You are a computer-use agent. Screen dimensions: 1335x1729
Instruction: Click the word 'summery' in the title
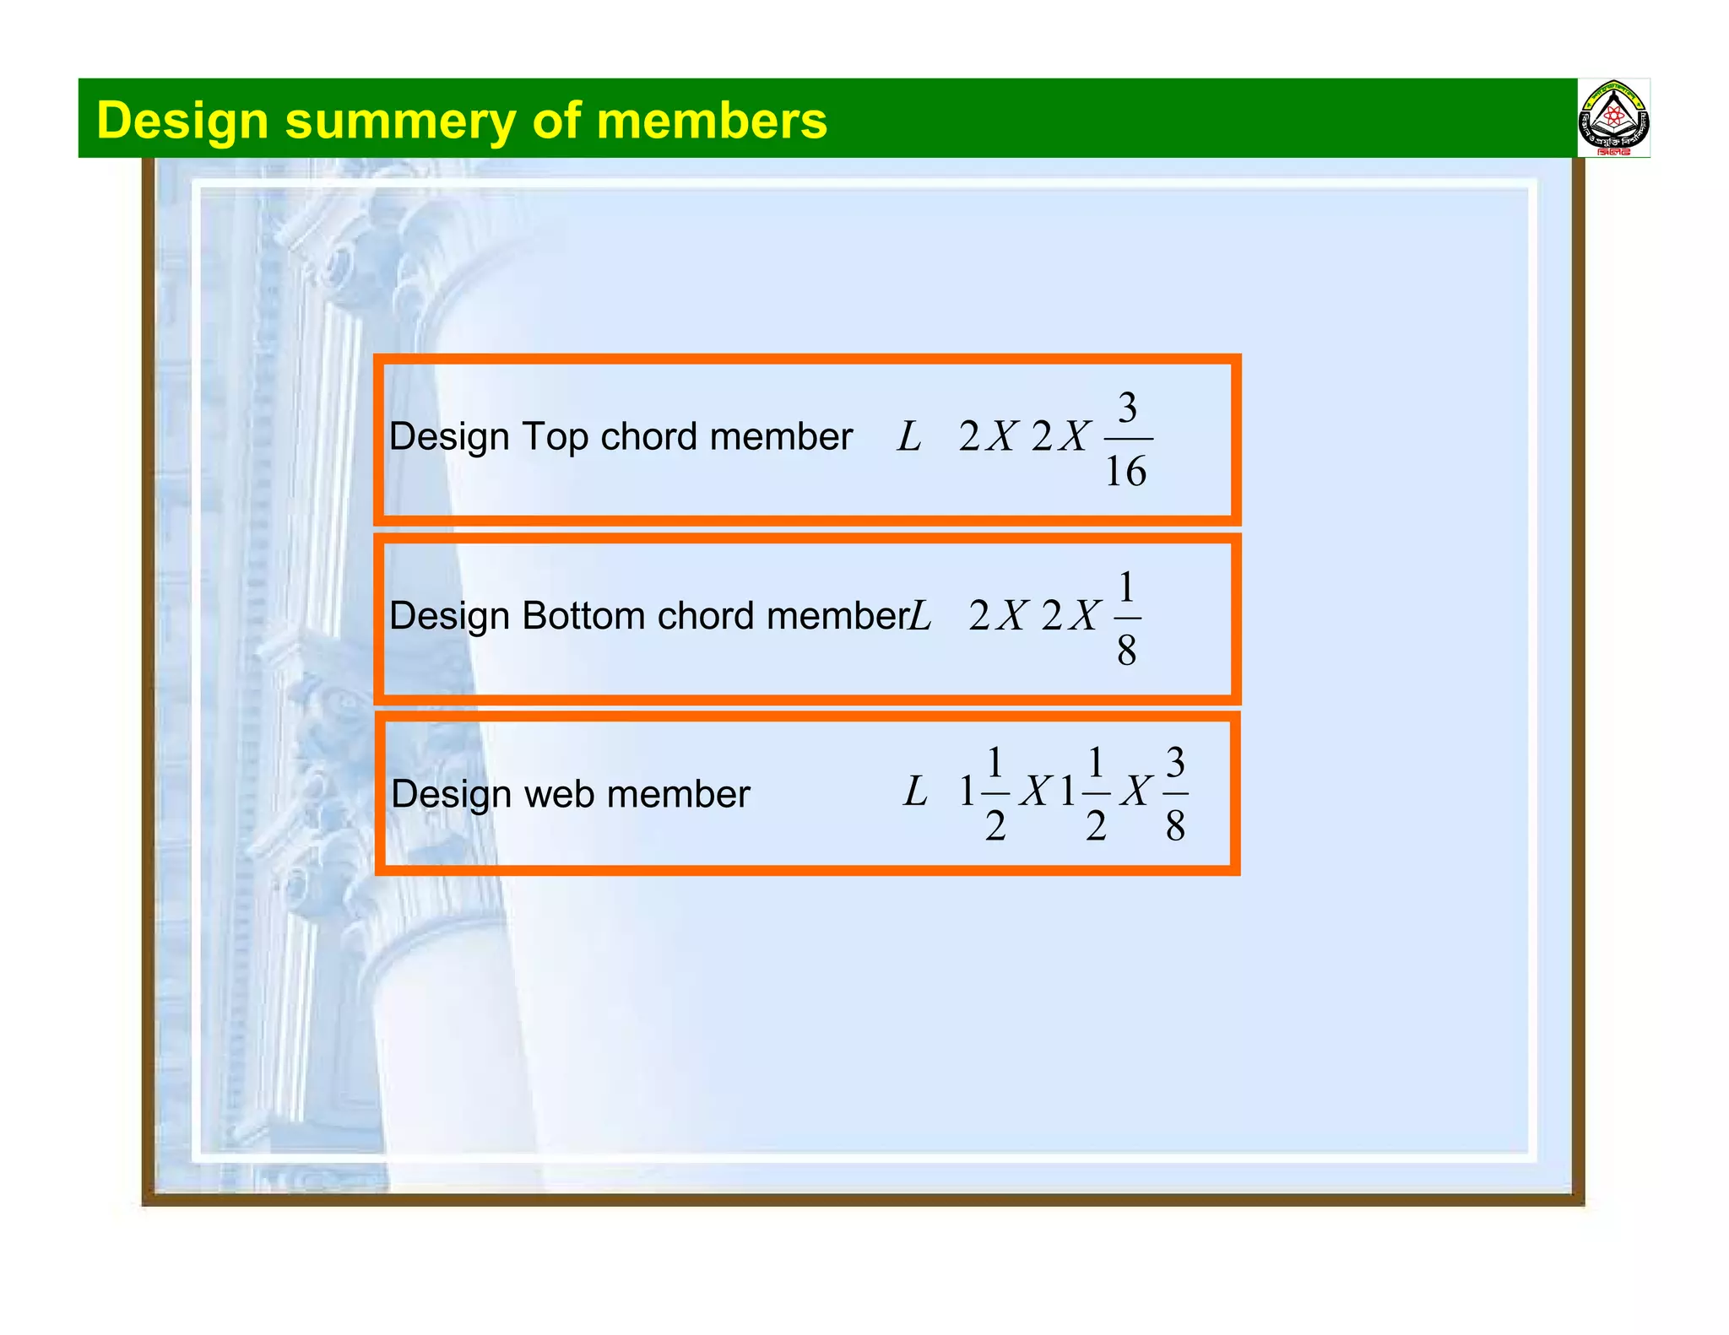point(399,122)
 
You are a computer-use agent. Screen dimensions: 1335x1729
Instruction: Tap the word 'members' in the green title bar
point(712,120)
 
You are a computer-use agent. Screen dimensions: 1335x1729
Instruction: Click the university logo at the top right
point(1613,119)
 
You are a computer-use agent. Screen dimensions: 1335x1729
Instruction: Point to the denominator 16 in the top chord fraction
point(1126,472)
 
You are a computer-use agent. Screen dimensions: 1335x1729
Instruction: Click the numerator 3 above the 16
point(1127,408)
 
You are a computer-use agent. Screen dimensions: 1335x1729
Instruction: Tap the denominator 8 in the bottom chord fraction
point(1126,651)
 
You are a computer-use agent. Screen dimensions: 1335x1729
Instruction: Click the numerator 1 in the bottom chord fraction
point(1126,587)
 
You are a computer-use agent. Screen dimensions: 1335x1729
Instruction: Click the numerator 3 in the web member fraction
point(1175,763)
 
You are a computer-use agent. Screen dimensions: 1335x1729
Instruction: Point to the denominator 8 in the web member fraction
point(1175,826)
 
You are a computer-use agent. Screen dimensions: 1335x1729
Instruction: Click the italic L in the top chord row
point(908,437)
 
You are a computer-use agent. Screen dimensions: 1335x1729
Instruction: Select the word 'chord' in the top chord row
point(649,437)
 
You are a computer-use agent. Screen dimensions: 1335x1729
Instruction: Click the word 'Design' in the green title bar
point(182,122)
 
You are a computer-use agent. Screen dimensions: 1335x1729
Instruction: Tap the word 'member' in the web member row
point(678,795)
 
